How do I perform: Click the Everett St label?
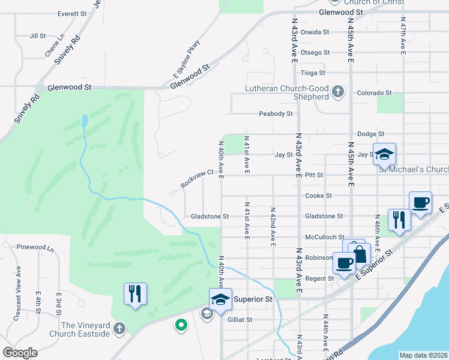[x=73, y=13]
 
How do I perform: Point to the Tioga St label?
[x=313, y=73]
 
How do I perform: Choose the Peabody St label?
[x=276, y=113]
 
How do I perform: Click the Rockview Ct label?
[x=197, y=178]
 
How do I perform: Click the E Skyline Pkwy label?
[x=187, y=59]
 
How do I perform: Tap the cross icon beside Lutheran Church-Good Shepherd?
[x=338, y=92]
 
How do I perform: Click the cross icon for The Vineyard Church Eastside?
[x=119, y=329]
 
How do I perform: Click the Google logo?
[x=20, y=353]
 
